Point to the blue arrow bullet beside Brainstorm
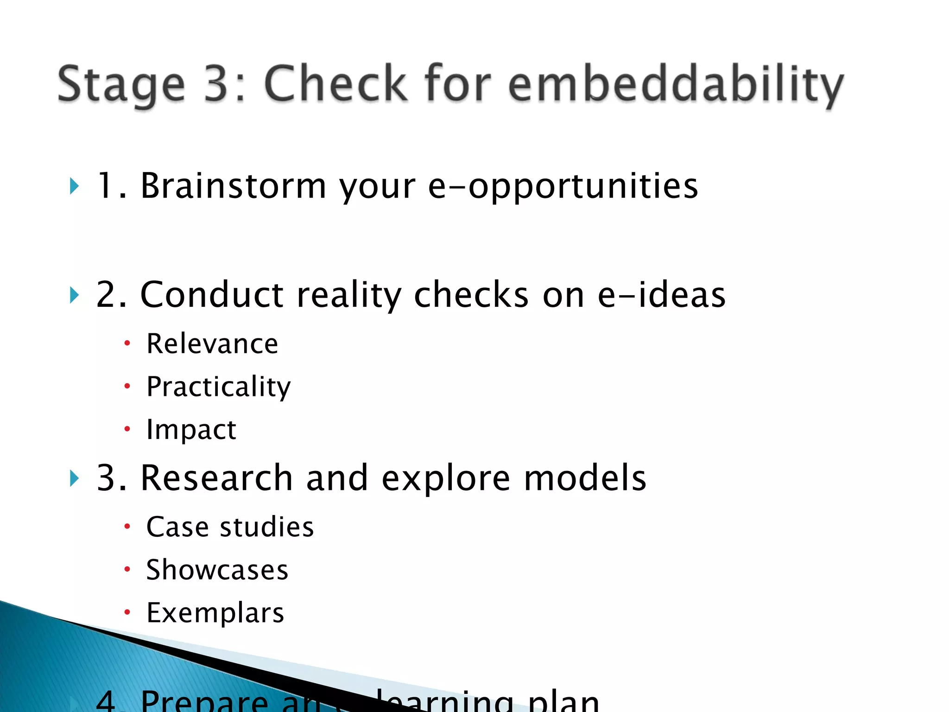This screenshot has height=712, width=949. [74, 186]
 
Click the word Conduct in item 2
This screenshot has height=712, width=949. [211, 295]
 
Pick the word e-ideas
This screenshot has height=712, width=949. [661, 295]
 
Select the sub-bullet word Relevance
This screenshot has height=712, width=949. [212, 344]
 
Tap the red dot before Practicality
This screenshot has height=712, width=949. [127, 386]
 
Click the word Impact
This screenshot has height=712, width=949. [191, 430]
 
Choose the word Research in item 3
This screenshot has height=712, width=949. [216, 478]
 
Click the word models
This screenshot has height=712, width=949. [585, 478]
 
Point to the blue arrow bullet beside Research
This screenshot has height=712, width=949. [74, 478]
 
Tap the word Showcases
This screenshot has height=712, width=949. [217, 570]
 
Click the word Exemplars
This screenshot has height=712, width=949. [215, 613]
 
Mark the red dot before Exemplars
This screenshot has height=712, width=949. [127, 612]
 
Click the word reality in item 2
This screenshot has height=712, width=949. [349, 295]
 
